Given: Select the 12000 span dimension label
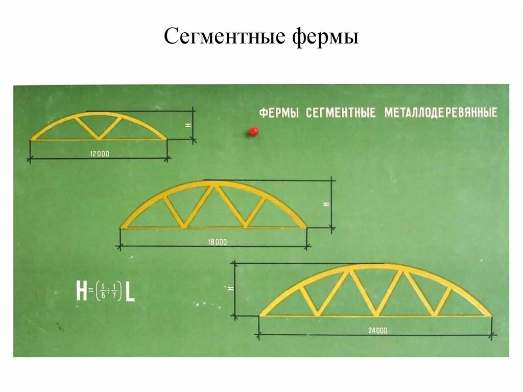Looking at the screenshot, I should coord(99,153).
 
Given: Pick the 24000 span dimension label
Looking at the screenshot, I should coord(377,331).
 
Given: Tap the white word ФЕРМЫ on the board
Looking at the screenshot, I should coord(279,113).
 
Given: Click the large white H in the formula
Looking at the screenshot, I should coord(81,291).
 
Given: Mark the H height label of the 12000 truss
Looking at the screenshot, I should coord(188,124).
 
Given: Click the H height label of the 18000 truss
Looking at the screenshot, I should coord(327,204).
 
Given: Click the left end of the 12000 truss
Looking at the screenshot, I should coord(32,139).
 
